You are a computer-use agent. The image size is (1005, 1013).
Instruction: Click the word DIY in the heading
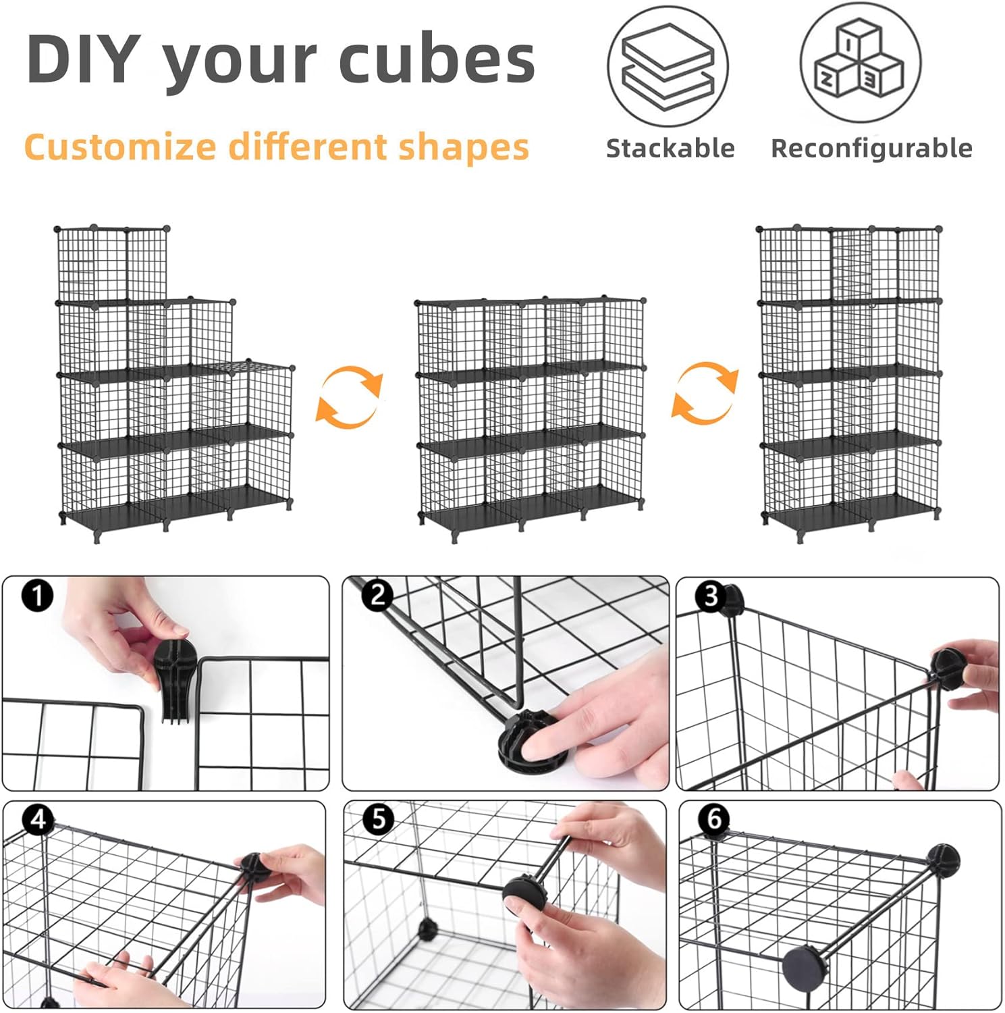(x=84, y=59)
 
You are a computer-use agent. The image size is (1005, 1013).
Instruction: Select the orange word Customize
(x=120, y=148)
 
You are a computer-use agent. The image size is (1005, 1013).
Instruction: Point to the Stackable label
(x=670, y=149)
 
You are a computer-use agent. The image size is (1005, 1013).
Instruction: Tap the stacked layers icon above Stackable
(x=668, y=66)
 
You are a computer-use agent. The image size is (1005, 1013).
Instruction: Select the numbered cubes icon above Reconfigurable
(x=861, y=62)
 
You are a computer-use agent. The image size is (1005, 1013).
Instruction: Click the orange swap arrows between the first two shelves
(x=350, y=396)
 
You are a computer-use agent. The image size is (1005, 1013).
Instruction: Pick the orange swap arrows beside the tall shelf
(x=705, y=392)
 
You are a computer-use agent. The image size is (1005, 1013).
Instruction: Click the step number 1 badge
(x=37, y=596)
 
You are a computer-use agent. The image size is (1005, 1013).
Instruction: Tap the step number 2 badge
(x=377, y=594)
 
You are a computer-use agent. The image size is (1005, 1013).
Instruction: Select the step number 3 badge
(x=711, y=596)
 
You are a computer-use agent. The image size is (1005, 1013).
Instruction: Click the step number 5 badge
(x=379, y=819)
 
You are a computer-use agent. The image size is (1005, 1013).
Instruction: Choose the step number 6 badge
(x=714, y=819)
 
